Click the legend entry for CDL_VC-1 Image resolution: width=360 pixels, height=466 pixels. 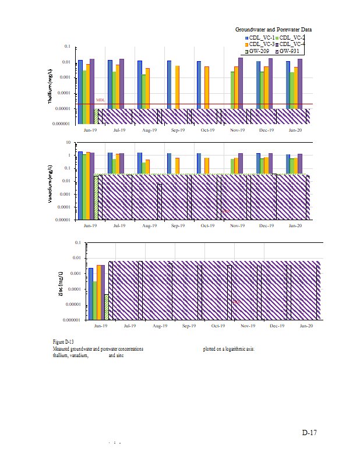tap(262, 37)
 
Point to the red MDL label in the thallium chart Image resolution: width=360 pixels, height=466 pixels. tap(100, 100)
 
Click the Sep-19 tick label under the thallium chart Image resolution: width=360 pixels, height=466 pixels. tap(177, 130)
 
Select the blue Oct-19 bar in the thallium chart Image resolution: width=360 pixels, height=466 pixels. tap(199, 84)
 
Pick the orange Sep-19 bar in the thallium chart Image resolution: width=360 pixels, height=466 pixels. tap(177, 87)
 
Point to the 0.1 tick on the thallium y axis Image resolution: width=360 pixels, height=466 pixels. tap(67, 47)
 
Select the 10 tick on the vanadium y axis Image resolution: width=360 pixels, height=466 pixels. tap(68, 143)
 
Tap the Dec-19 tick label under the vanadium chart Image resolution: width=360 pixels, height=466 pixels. tap(266, 225)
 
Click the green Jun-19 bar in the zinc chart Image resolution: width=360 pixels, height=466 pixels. tap(94, 301)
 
